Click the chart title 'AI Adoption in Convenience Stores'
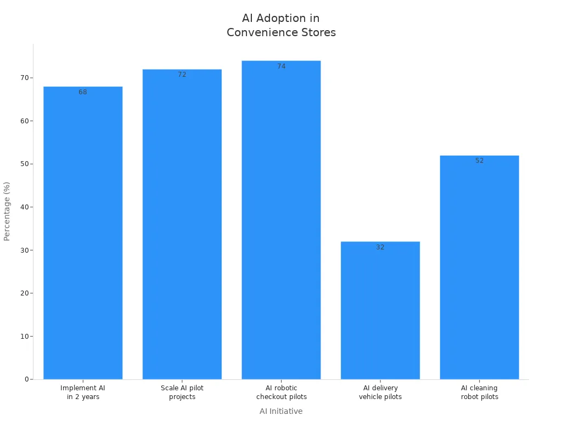(281, 26)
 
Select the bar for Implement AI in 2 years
(83, 233)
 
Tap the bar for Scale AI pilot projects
(182, 224)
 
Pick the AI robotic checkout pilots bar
(281, 220)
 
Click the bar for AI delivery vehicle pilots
(380, 310)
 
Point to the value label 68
(83, 92)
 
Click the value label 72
(182, 75)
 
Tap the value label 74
(281, 66)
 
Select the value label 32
(380, 247)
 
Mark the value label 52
(479, 161)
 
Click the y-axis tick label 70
(24, 78)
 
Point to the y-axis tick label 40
(24, 207)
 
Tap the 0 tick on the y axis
(26, 379)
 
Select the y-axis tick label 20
(24, 293)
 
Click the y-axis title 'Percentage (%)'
(7, 211)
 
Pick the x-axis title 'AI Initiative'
(281, 411)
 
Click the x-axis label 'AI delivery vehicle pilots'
(380, 392)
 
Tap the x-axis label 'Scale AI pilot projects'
(182, 392)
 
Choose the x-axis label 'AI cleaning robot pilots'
(479, 392)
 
